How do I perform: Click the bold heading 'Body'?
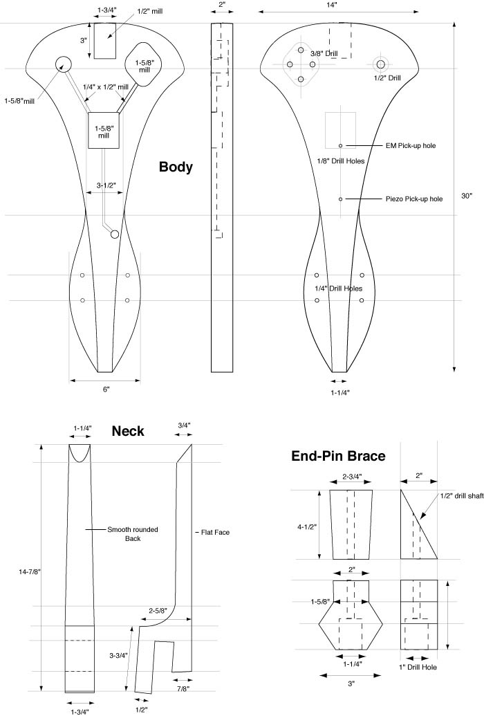tap(176, 167)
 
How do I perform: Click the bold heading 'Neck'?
tap(128, 431)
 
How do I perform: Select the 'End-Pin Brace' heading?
tap(338, 456)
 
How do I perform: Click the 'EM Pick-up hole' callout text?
tap(410, 146)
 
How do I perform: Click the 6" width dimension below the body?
tap(106, 389)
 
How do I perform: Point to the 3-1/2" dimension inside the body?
tap(105, 185)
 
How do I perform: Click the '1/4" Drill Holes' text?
tap(339, 288)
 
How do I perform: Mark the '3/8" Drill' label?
tap(325, 53)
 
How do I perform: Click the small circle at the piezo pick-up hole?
tap(341, 199)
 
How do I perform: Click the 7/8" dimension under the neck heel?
tap(182, 689)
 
